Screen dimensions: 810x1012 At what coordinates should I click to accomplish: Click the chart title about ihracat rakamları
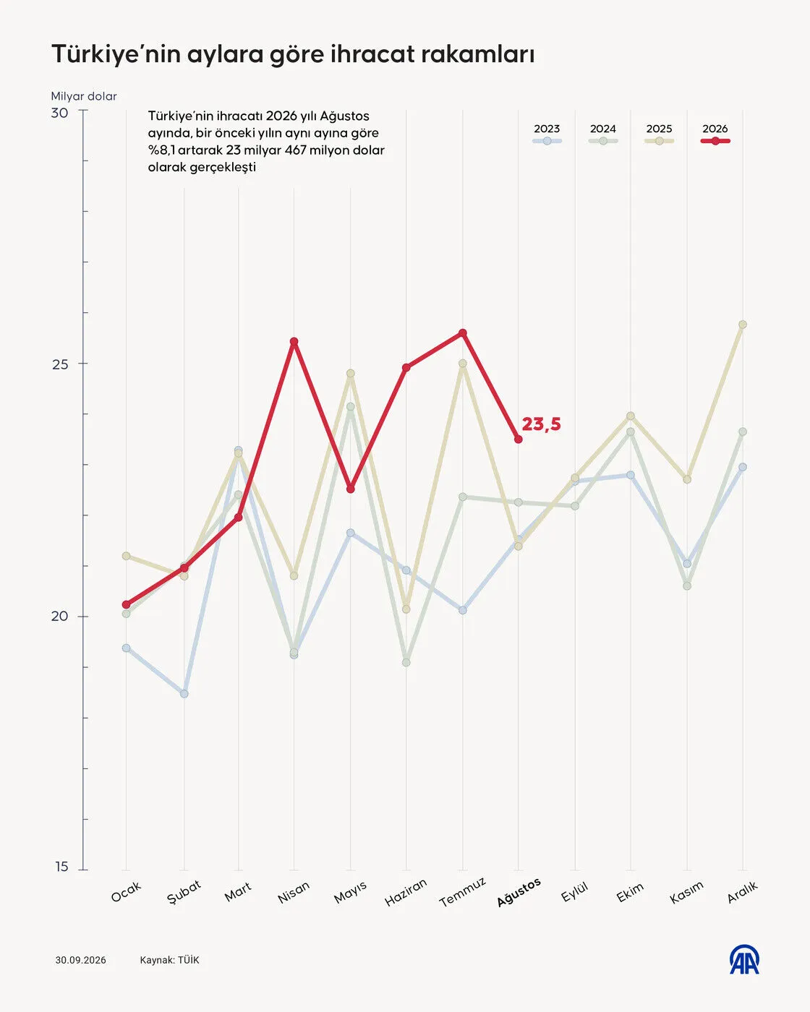click(x=293, y=54)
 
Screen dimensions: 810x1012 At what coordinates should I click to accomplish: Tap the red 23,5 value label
click(x=541, y=424)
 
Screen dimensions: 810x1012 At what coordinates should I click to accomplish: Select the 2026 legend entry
click(x=715, y=134)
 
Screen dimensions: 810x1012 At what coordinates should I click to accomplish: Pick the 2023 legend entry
click(x=547, y=134)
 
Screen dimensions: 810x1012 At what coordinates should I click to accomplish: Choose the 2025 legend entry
click(x=659, y=134)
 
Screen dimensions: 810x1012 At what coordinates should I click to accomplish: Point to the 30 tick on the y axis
click(x=60, y=113)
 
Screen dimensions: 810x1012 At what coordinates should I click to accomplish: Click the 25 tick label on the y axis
click(x=60, y=364)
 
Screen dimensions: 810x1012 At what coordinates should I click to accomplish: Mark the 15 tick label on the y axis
click(x=61, y=867)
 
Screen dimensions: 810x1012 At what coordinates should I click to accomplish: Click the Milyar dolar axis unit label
click(x=84, y=96)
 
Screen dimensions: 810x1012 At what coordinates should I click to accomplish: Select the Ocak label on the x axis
click(x=126, y=891)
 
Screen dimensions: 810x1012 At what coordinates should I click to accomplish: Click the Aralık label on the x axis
click(x=743, y=891)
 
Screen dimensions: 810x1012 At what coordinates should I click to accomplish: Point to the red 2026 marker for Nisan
click(x=294, y=341)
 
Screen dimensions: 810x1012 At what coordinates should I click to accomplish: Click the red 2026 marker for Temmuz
click(x=463, y=333)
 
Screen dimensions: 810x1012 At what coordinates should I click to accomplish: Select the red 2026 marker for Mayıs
click(x=350, y=489)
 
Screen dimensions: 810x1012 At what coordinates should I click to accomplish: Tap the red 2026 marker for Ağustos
click(x=519, y=439)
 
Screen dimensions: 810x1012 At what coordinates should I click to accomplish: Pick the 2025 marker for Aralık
click(x=743, y=325)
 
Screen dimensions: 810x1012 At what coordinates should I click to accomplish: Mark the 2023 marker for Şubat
click(x=184, y=694)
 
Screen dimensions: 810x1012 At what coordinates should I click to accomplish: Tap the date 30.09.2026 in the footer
click(x=80, y=960)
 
